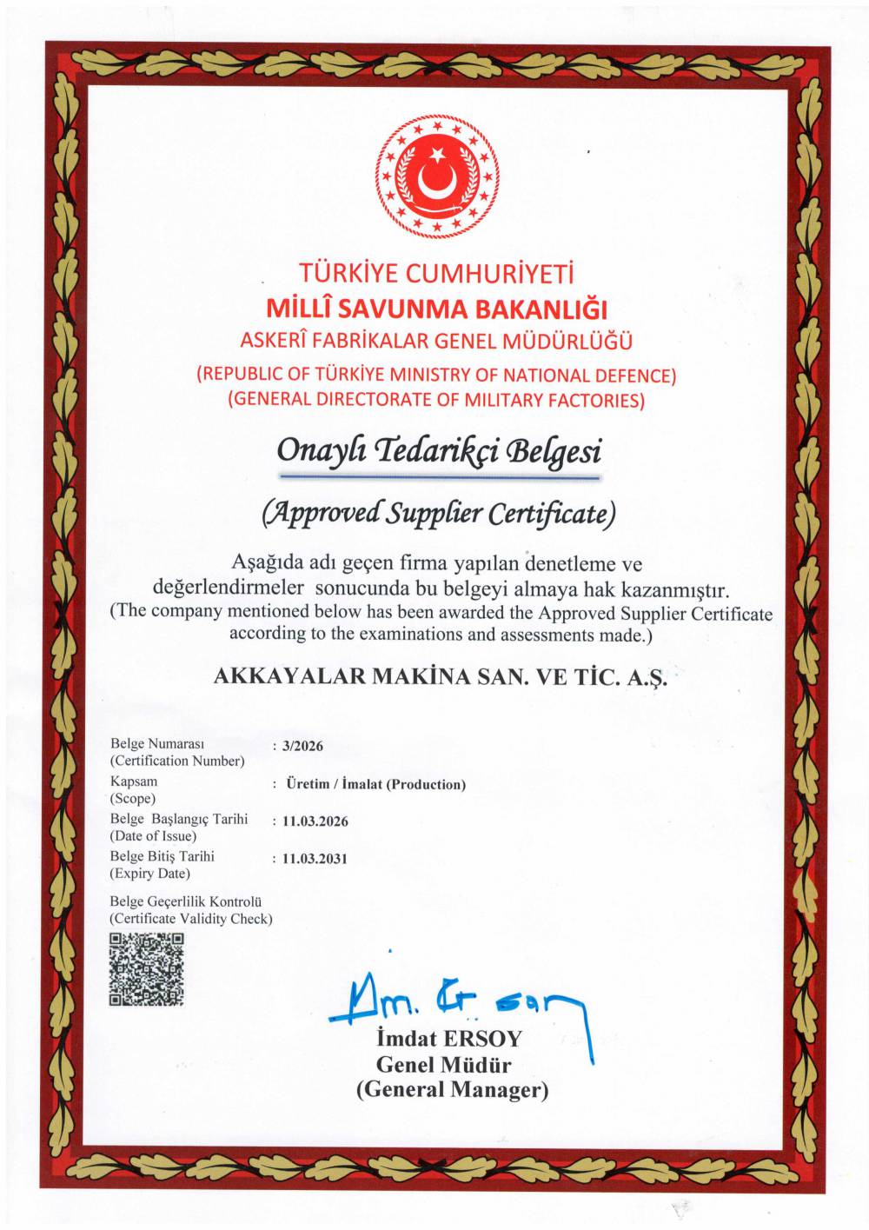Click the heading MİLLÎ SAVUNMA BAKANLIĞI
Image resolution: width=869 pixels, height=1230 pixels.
pyautogui.click(x=436, y=309)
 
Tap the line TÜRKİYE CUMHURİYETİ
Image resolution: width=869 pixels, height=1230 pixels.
pyautogui.click(x=436, y=274)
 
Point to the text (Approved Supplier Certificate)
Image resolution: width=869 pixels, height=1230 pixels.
pyautogui.click(x=439, y=514)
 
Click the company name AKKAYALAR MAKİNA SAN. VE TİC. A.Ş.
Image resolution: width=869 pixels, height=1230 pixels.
pyautogui.click(x=441, y=677)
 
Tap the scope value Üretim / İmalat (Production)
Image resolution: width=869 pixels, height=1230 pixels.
pyautogui.click(x=375, y=784)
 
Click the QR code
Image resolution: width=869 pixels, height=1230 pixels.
pyautogui.click(x=146, y=968)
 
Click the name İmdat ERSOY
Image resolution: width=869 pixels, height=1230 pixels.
pyautogui.click(x=448, y=1039)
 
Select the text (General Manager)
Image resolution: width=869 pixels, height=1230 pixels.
pyautogui.click(x=452, y=1089)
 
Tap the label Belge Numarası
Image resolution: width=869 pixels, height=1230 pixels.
pyautogui.click(x=157, y=744)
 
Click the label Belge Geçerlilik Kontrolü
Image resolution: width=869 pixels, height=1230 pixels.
pyautogui.click(x=186, y=902)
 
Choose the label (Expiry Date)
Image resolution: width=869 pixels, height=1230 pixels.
pyautogui.click(x=149, y=874)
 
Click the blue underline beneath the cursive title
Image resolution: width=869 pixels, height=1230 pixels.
pyautogui.click(x=439, y=477)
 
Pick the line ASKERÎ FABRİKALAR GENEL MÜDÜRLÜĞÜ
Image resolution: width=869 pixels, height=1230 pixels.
pyautogui.click(x=436, y=342)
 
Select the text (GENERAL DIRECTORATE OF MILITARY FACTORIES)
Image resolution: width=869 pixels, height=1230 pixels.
pyautogui.click(x=436, y=400)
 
